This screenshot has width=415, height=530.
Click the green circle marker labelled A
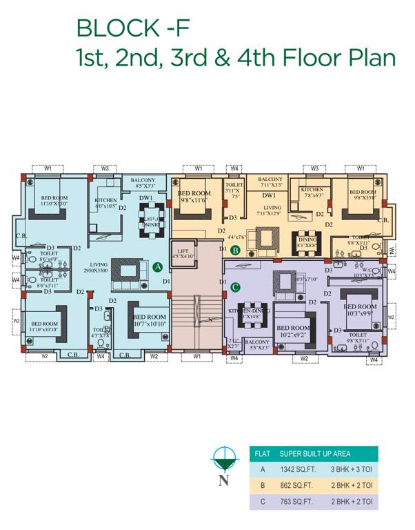point(156,266)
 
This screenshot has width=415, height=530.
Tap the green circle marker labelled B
point(234,251)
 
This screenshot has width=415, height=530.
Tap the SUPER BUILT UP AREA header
point(315,453)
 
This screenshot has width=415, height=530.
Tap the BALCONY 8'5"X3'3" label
point(145,183)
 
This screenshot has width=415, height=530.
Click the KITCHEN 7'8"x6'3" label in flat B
point(312,192)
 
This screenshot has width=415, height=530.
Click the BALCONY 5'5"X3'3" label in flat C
point(257,344)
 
